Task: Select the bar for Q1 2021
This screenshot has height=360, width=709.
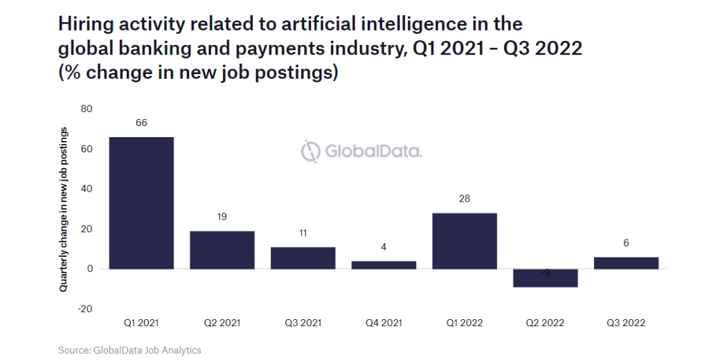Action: click(x=141, y=203)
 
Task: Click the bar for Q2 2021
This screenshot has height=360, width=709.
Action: click(x=222, y=250)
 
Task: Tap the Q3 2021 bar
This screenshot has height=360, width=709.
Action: click(x=303, y=258)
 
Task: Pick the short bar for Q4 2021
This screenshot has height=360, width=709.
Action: click(x=384, y=265)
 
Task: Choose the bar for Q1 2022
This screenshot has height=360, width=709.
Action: click(x=465, y=241)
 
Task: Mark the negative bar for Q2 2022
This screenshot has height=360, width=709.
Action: click(x=546, y=278)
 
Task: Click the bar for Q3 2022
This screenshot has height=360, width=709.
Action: click(x=626, y=262)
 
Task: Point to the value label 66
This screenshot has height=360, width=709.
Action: click(x=141, y=123)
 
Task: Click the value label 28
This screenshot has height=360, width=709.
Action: click(x=465, y=199)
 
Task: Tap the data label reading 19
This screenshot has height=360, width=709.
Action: click(x=222, y=217)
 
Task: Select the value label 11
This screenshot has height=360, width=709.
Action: click(x=303, y=233)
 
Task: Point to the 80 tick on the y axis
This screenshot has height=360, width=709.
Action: click(x=87, y=109)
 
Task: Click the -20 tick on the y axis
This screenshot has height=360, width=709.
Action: click(x=85, y=309)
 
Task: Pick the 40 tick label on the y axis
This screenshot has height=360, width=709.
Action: click(x=87, y=189)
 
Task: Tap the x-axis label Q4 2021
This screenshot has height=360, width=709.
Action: click(x=384, y=323)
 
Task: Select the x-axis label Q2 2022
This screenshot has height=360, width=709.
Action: click(x=546, y=323)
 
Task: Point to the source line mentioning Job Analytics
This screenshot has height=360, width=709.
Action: click(x=129, y=350)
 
